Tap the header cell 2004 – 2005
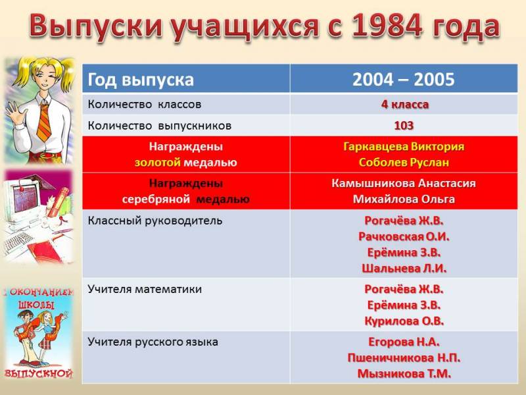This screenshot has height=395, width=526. [x=404, y=80]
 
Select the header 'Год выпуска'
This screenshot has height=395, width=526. [x=141, y=80]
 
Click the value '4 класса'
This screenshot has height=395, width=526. [x=405, y=105]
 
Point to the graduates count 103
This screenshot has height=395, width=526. [x=404, y=126]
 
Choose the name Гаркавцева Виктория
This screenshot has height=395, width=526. [x=404, y=147]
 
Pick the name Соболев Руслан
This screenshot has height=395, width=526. [x=404, y=163]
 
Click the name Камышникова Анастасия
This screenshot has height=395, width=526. [x=404, y=184]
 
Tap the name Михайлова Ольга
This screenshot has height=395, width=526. [x=404, y=199]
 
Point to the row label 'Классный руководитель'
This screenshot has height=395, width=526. [x=155, y=221]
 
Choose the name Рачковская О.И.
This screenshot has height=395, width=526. [x=404, y=237]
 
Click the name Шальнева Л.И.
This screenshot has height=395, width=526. [x=404, y=269]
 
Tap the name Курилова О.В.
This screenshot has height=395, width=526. [x=404, y=321]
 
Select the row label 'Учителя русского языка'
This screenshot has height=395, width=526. [x=153, y=342]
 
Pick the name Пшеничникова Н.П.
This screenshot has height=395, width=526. [x=404, y=358]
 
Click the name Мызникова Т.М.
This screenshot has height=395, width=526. [x=404, y=374]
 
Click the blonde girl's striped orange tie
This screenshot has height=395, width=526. [x=44, y=122]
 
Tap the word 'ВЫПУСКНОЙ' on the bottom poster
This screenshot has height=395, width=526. [x=39, y=373]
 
